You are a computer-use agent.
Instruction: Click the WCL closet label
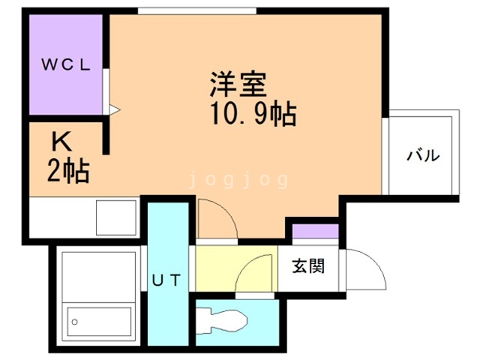click(x=66, y=64)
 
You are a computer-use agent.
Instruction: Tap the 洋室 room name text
click(x=238, y=84)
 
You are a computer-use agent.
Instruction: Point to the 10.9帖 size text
click(x=253, y=114)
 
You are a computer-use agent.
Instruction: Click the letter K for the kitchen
click(x=61, y=141)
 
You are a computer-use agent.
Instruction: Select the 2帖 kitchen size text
click(x=68, y=171)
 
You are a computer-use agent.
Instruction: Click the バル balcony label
click(x=423, y=155)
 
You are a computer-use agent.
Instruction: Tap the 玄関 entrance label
click(x=308, y=265)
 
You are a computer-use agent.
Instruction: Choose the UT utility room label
click(x=166, y=280)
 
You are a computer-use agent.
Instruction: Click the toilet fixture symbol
click(x=221, y=321)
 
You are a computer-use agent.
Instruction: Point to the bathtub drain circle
click(x=75, y=322)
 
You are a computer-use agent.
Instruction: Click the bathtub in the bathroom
click(x=99, y=322)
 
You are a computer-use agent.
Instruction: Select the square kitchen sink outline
click(x=116, y=217)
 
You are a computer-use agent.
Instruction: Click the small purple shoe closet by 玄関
click(x=315, y=231)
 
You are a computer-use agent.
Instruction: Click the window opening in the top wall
click(x=196, y=11)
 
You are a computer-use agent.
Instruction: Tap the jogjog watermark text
click(x=238, y=180)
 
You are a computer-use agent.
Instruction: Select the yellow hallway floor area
click(x=236, y=268)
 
